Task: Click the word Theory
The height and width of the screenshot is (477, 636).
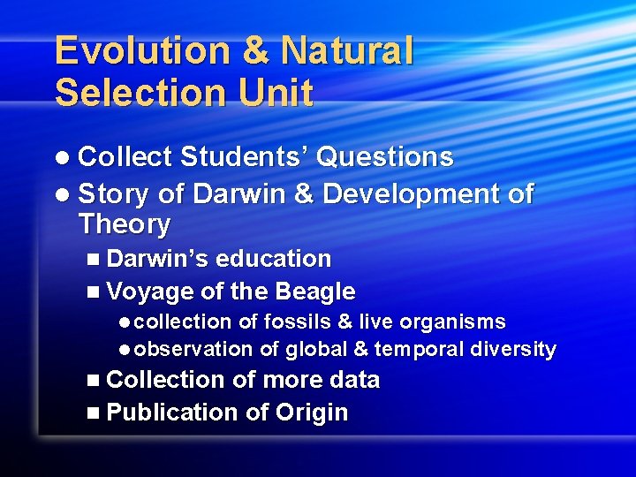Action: click(x=124, y=224)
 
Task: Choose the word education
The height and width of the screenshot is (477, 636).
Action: click(x=273, y=259)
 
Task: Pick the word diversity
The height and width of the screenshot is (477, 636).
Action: click(x=513, y=350)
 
